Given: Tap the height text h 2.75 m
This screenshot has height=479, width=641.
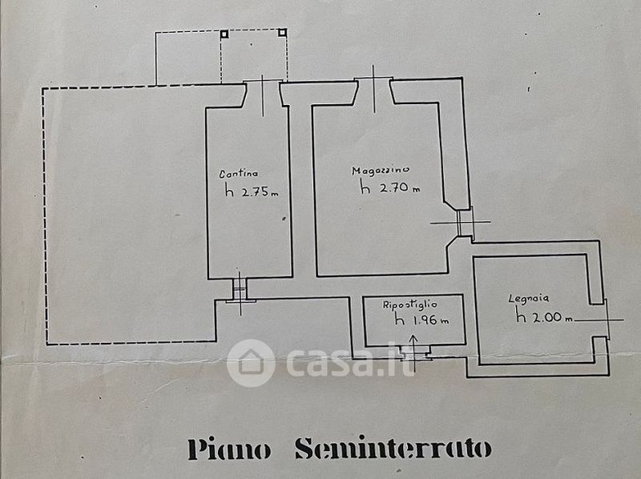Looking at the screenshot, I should point(251,191).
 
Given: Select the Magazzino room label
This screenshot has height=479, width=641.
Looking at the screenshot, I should point(381,171).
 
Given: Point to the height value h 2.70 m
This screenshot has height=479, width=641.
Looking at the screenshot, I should point(390,189).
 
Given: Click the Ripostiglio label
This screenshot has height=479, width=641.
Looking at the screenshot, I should point(409,304).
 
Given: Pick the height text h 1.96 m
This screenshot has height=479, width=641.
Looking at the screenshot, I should point(421,320).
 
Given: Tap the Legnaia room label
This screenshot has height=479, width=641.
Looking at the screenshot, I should point(527,300).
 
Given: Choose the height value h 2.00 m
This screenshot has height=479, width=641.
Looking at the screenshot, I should point(544,317).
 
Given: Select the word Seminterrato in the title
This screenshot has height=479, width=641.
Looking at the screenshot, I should point(393,449).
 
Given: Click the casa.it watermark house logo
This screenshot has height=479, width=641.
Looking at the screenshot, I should point(251,362).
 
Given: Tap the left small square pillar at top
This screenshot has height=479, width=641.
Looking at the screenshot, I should point(224,34).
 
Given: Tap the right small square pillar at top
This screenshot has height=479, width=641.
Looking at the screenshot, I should point(282,33).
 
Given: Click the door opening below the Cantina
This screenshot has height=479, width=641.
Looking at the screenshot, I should point(240,289).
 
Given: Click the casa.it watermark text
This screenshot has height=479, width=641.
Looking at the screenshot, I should point(350,363).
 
